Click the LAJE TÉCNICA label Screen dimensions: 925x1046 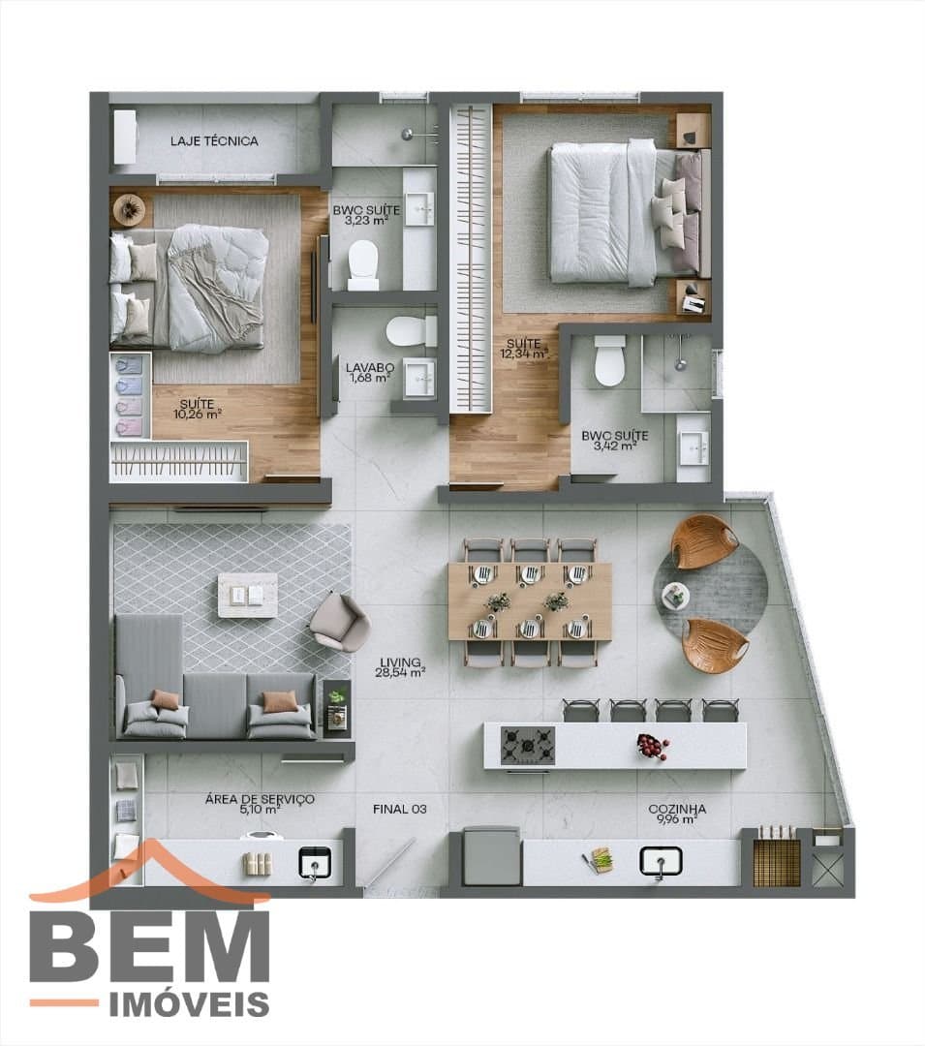coord(214,140)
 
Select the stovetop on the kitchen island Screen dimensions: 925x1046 coord(528,745)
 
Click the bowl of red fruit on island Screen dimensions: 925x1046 coord(652,745)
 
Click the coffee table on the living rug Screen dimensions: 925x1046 coord(247,595)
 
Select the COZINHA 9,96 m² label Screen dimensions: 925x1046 coord(677,814)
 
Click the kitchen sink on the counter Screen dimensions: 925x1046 coord(661,861)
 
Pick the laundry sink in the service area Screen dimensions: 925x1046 coord(314,863)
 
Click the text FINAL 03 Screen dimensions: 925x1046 coord(399,809)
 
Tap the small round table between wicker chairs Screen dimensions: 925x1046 coord(675,595)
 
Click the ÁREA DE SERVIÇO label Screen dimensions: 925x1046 coord(260,799)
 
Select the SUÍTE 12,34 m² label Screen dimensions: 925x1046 coord(524,349)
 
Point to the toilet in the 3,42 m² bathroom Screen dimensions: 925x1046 coord(609,361)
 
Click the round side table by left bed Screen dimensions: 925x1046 coord(129,209)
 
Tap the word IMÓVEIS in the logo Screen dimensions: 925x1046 coord(189,1004)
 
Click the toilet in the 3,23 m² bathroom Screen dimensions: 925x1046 coord(363,264)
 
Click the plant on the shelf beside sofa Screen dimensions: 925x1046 coord(338,697)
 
